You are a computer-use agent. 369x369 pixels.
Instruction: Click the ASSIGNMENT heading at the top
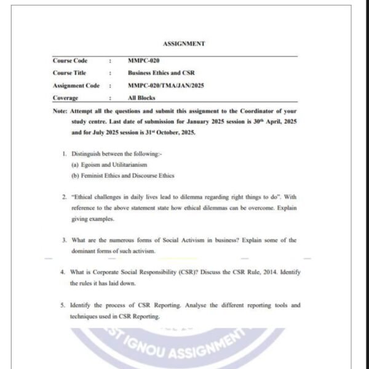[184, 44]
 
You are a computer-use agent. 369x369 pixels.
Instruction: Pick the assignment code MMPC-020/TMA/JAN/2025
[165, 85]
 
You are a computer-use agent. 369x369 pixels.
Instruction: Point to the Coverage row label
[65, 98]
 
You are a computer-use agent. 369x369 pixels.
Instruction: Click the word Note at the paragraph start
[60, 111]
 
